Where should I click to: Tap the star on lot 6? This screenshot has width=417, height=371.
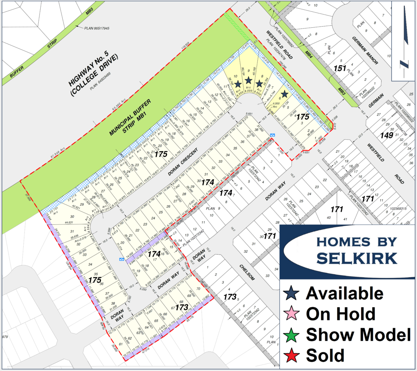(284, 94)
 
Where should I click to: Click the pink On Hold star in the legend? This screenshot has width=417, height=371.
(293, 314)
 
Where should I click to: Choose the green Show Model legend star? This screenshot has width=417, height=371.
(293, 334)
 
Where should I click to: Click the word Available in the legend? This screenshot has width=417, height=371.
(345, 293)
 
